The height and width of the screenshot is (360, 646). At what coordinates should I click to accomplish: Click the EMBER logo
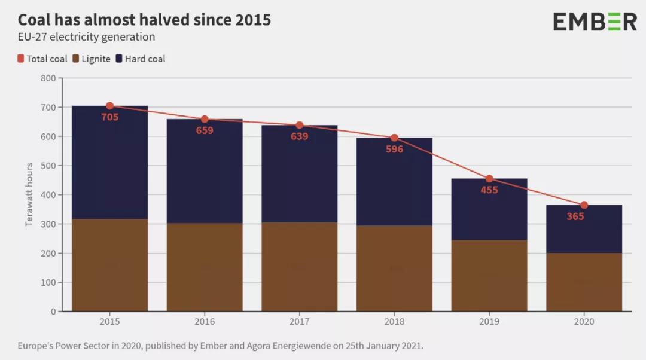pos(595,22)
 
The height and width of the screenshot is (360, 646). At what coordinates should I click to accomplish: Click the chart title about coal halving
pos(144,20)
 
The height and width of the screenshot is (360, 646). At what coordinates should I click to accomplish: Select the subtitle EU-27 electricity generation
pos(86,37)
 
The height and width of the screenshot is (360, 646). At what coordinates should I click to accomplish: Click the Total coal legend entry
pos(42,59)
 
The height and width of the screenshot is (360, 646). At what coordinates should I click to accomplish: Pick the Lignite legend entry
pos(92,59)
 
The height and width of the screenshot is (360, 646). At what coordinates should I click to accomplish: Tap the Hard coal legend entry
pos(141,59)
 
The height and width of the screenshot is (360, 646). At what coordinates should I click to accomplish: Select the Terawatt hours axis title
pos(29,194)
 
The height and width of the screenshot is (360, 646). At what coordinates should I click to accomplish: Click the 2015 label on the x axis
pos(109,321)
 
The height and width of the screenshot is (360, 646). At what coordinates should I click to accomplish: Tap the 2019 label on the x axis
pos(489,321)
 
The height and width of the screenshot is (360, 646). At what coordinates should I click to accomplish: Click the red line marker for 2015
pos(109,106)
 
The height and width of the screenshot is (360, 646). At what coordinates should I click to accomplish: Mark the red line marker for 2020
pos(584,205)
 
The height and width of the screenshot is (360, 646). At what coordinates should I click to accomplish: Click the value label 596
pos(394,150)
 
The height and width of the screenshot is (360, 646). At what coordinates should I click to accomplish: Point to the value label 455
pos(489,190)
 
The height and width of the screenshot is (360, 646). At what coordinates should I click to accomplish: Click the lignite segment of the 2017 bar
pos(299,266)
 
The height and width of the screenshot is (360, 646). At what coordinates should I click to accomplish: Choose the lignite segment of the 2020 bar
pos(584,281)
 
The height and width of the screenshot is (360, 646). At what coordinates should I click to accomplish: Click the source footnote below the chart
pos(220,346)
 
